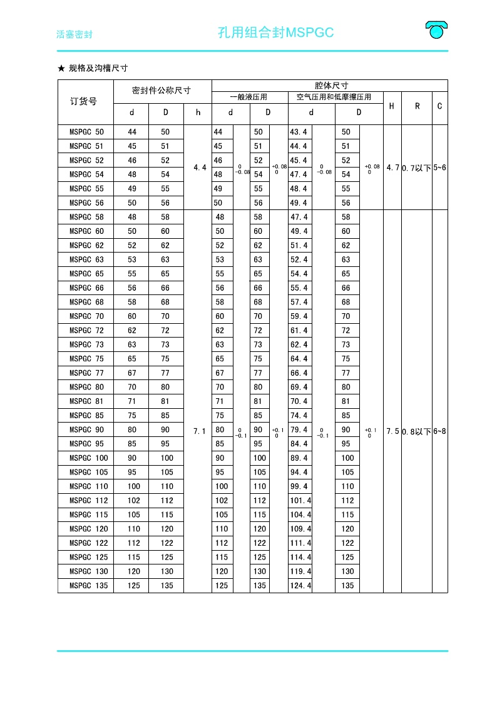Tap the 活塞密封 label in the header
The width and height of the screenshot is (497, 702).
(74, 34)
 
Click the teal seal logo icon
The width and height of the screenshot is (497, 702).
(436, 29)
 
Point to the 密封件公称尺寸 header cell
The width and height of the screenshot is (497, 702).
(161, 91)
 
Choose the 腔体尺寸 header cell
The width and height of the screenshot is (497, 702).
(330, 85)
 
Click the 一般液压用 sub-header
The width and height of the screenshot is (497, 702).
(249, 97)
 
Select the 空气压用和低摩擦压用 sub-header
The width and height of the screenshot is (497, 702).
(334, 97)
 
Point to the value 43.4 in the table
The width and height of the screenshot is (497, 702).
(299, 132)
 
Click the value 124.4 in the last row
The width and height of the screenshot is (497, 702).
(300, 586)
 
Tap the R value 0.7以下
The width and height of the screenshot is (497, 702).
(416, 168)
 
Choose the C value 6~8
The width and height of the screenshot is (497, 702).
(439, 431)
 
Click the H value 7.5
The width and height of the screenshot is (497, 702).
(392, 431)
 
